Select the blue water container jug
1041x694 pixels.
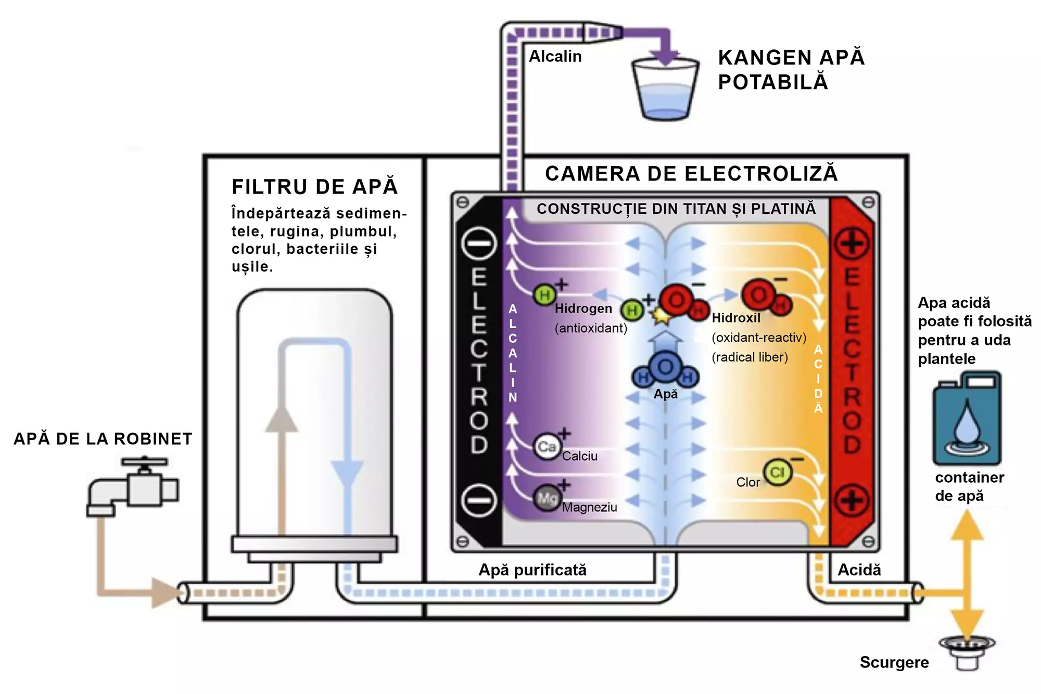pos(967,419)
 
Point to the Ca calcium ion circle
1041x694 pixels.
pos(547,447)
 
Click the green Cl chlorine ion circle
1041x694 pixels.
pos(777,472)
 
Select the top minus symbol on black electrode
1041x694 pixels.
pos(479,243)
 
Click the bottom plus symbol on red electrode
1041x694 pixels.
pos(852,500)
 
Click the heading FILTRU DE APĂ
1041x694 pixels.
pos(315,187)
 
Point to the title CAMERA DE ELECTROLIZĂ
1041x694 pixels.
pos(691,174)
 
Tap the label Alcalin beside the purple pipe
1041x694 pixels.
pos(555,56)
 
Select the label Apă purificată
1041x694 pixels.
pos(532,570)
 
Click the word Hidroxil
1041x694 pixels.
pos(735,318)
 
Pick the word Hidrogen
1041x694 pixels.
pos(583,309)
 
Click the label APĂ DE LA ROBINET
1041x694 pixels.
pos(103,439)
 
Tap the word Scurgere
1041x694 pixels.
pos(894,662)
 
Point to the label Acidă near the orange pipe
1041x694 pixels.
pos(859,570)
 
